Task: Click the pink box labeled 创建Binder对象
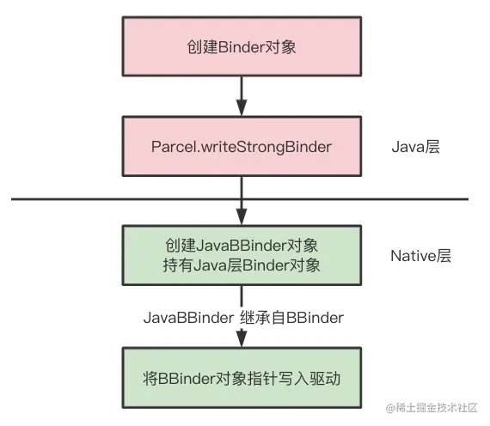point(241,47)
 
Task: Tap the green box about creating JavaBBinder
point(241,254)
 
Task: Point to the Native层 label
point(420,255)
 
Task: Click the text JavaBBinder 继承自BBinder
point(243,318)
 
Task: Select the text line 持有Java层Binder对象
point(241,265)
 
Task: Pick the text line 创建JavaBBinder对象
point(241,244)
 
